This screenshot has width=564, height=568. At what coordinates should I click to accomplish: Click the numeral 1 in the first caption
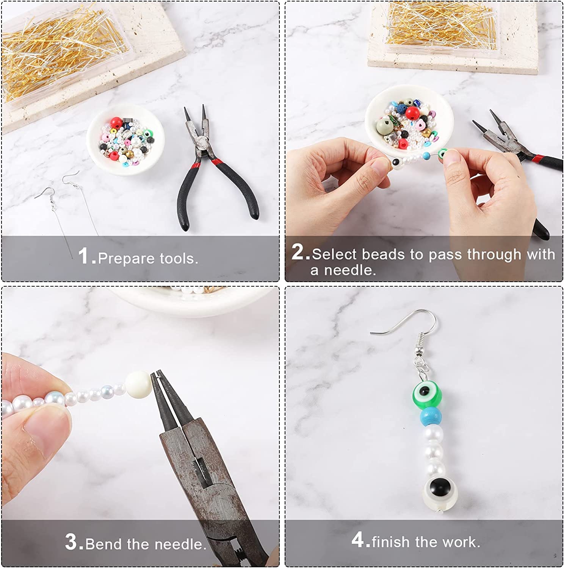(84, 256)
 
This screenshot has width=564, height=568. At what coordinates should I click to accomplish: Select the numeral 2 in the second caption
(298, 251)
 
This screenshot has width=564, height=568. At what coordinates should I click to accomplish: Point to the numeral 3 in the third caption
(71, 541)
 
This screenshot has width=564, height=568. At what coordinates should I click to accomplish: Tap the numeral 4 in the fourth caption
(357, 539)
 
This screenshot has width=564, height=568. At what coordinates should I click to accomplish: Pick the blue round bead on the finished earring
(431, 416)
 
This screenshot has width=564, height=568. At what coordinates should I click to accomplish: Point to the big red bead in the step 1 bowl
(116, 123)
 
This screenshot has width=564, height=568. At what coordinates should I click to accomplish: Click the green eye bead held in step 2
(442, 154)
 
